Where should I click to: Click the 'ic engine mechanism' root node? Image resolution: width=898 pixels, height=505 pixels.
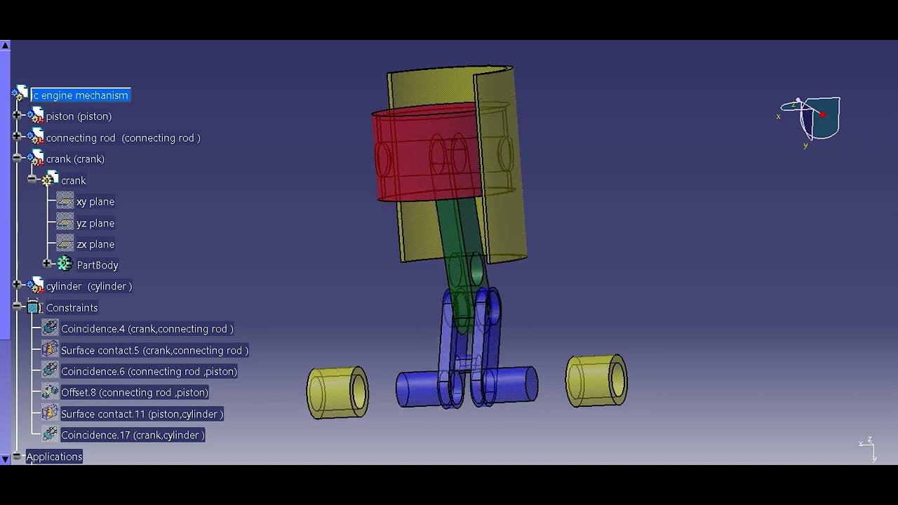pyautogui.click(x=80, y=95)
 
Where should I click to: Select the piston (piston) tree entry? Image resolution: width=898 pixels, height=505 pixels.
pyautogui.click(x=79, y=116)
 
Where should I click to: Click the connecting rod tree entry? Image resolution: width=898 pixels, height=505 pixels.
pyautogui.click(x=123, y=138)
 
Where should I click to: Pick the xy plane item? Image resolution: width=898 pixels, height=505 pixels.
pyautogui.click(x=95, y=202)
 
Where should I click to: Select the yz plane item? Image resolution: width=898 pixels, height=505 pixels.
pyautogui.click(x=95, y=223)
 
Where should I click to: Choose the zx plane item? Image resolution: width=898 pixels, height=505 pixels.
pyautogui.click(x=95, y=245)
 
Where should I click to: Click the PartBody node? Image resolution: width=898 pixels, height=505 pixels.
pyautogui.click(x=97, y=265)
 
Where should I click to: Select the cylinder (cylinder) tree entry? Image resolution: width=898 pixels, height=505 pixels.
pyautogui.click(x=88, y=286)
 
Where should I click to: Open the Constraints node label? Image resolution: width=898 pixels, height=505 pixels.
pyautogui.click(x=72, y=308)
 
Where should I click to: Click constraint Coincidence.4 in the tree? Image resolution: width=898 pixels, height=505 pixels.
pyautogui.click(x=147, y=329)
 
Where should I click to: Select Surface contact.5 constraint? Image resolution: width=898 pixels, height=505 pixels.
pyautogui.click(x=154, y=351)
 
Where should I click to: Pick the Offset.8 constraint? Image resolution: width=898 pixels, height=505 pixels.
pyautogui.click(x=134, y=393)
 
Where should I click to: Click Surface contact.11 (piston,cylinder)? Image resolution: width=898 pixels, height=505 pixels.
pyautogui.click(x=142, y=415)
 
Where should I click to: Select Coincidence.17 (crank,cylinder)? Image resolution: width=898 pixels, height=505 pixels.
pyautogui.click(x=133, y=436)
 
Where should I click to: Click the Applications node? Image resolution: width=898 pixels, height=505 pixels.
pyautogui.click(x=54, y=457)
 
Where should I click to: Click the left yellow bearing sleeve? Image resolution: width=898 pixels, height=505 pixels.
pyautogui.click(x=337, y=393)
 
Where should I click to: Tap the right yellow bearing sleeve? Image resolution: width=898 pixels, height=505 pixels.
pyautogui.click(x=596, y=380)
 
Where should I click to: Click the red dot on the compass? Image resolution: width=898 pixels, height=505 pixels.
pyautogui.click(x=822, y=115)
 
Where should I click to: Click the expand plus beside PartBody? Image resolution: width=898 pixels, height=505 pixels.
pyautogui.click(x=47, y=264)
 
